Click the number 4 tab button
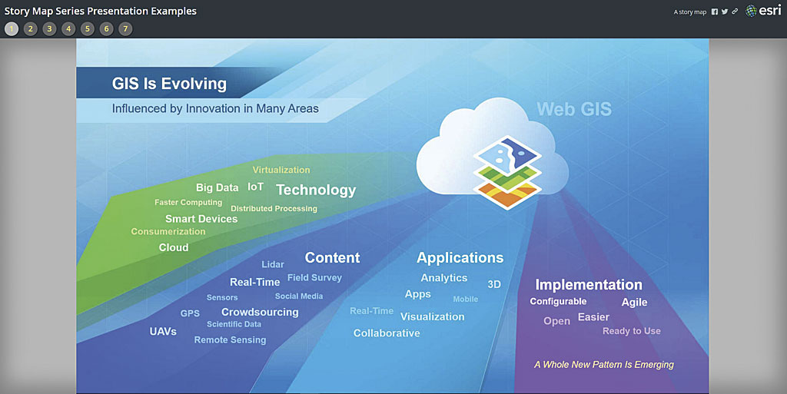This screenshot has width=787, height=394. click(68, 29)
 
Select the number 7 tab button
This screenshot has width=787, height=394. click(125, 29)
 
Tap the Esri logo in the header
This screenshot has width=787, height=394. click(763, 11)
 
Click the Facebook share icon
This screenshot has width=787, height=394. click(715, 12)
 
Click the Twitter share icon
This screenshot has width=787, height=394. click(725, 12)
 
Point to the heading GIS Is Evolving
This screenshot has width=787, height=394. click(169, 84)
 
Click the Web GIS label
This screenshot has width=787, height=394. click(574, 109)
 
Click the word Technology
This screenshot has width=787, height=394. click(316, 190)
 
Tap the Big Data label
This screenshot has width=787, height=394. click(217, 187)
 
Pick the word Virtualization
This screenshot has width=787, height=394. click(281, 170)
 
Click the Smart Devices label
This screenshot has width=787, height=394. click(201, 219)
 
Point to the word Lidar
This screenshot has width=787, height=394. click(273, 265)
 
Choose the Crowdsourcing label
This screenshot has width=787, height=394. click(260, 312)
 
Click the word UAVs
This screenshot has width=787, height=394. click(163, 332)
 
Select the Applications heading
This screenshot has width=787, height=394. click(460, 258)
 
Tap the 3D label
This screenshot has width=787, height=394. click(494, 284)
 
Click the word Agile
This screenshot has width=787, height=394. click(634, 302)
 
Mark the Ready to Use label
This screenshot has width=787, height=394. click(631, 331)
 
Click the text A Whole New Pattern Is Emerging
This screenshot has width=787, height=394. click(604, 364)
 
